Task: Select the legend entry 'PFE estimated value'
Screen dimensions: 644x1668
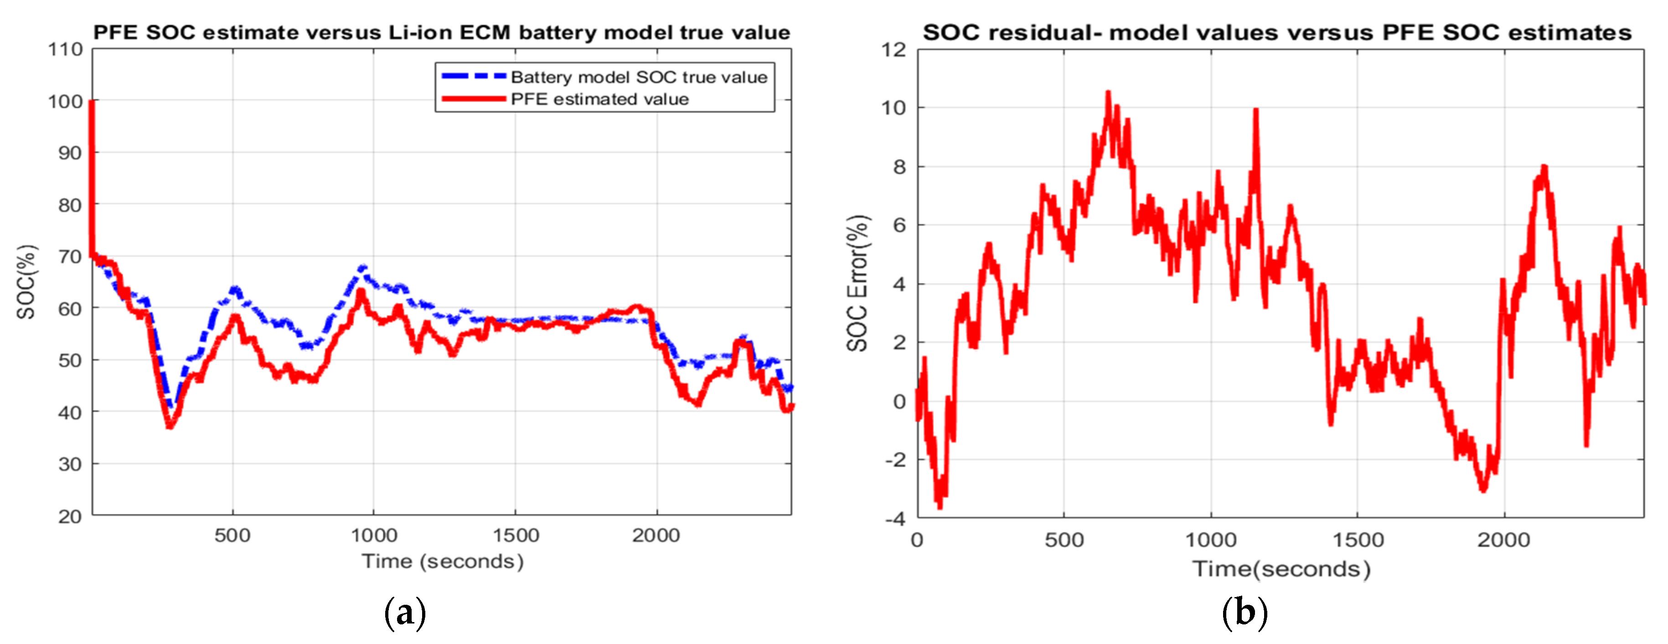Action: pos(599,99)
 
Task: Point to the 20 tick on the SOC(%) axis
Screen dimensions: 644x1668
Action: pos(70,516)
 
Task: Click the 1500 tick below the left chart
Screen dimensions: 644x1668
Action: pos(516,535)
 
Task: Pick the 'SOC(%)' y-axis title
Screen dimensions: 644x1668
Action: pos(26,282)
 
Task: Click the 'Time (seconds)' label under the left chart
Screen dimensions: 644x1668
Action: pos(442,561)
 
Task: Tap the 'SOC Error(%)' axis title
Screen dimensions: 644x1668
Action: pos(857,283)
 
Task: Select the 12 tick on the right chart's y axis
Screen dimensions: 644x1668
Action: pos(893,49)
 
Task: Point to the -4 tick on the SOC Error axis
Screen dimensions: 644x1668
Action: pos(895,518)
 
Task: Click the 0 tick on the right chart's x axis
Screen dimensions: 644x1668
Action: pos(917,540)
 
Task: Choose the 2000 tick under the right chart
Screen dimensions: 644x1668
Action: pos(1503,540)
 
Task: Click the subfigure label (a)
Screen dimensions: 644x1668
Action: pos(405,612)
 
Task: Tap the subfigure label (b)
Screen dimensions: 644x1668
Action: pos(1245,612)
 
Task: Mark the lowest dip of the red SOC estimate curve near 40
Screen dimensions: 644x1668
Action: pos(170,426)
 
